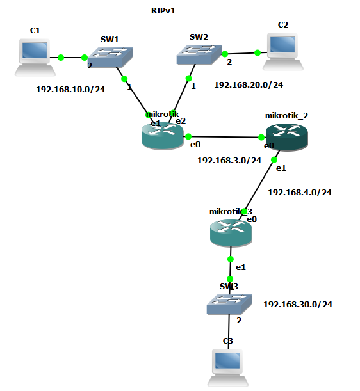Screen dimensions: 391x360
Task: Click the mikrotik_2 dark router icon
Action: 287,136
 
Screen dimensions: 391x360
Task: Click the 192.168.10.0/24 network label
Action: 70,90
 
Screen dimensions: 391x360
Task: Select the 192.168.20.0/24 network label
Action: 248,84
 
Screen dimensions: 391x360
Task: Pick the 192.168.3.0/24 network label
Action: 229,160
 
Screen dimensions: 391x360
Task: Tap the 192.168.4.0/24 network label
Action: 299,191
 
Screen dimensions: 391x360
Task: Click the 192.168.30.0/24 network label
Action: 298,304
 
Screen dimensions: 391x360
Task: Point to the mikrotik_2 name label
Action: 286,116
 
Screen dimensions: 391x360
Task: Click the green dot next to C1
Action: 61,58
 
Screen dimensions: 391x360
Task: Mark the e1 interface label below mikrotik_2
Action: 281,168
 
